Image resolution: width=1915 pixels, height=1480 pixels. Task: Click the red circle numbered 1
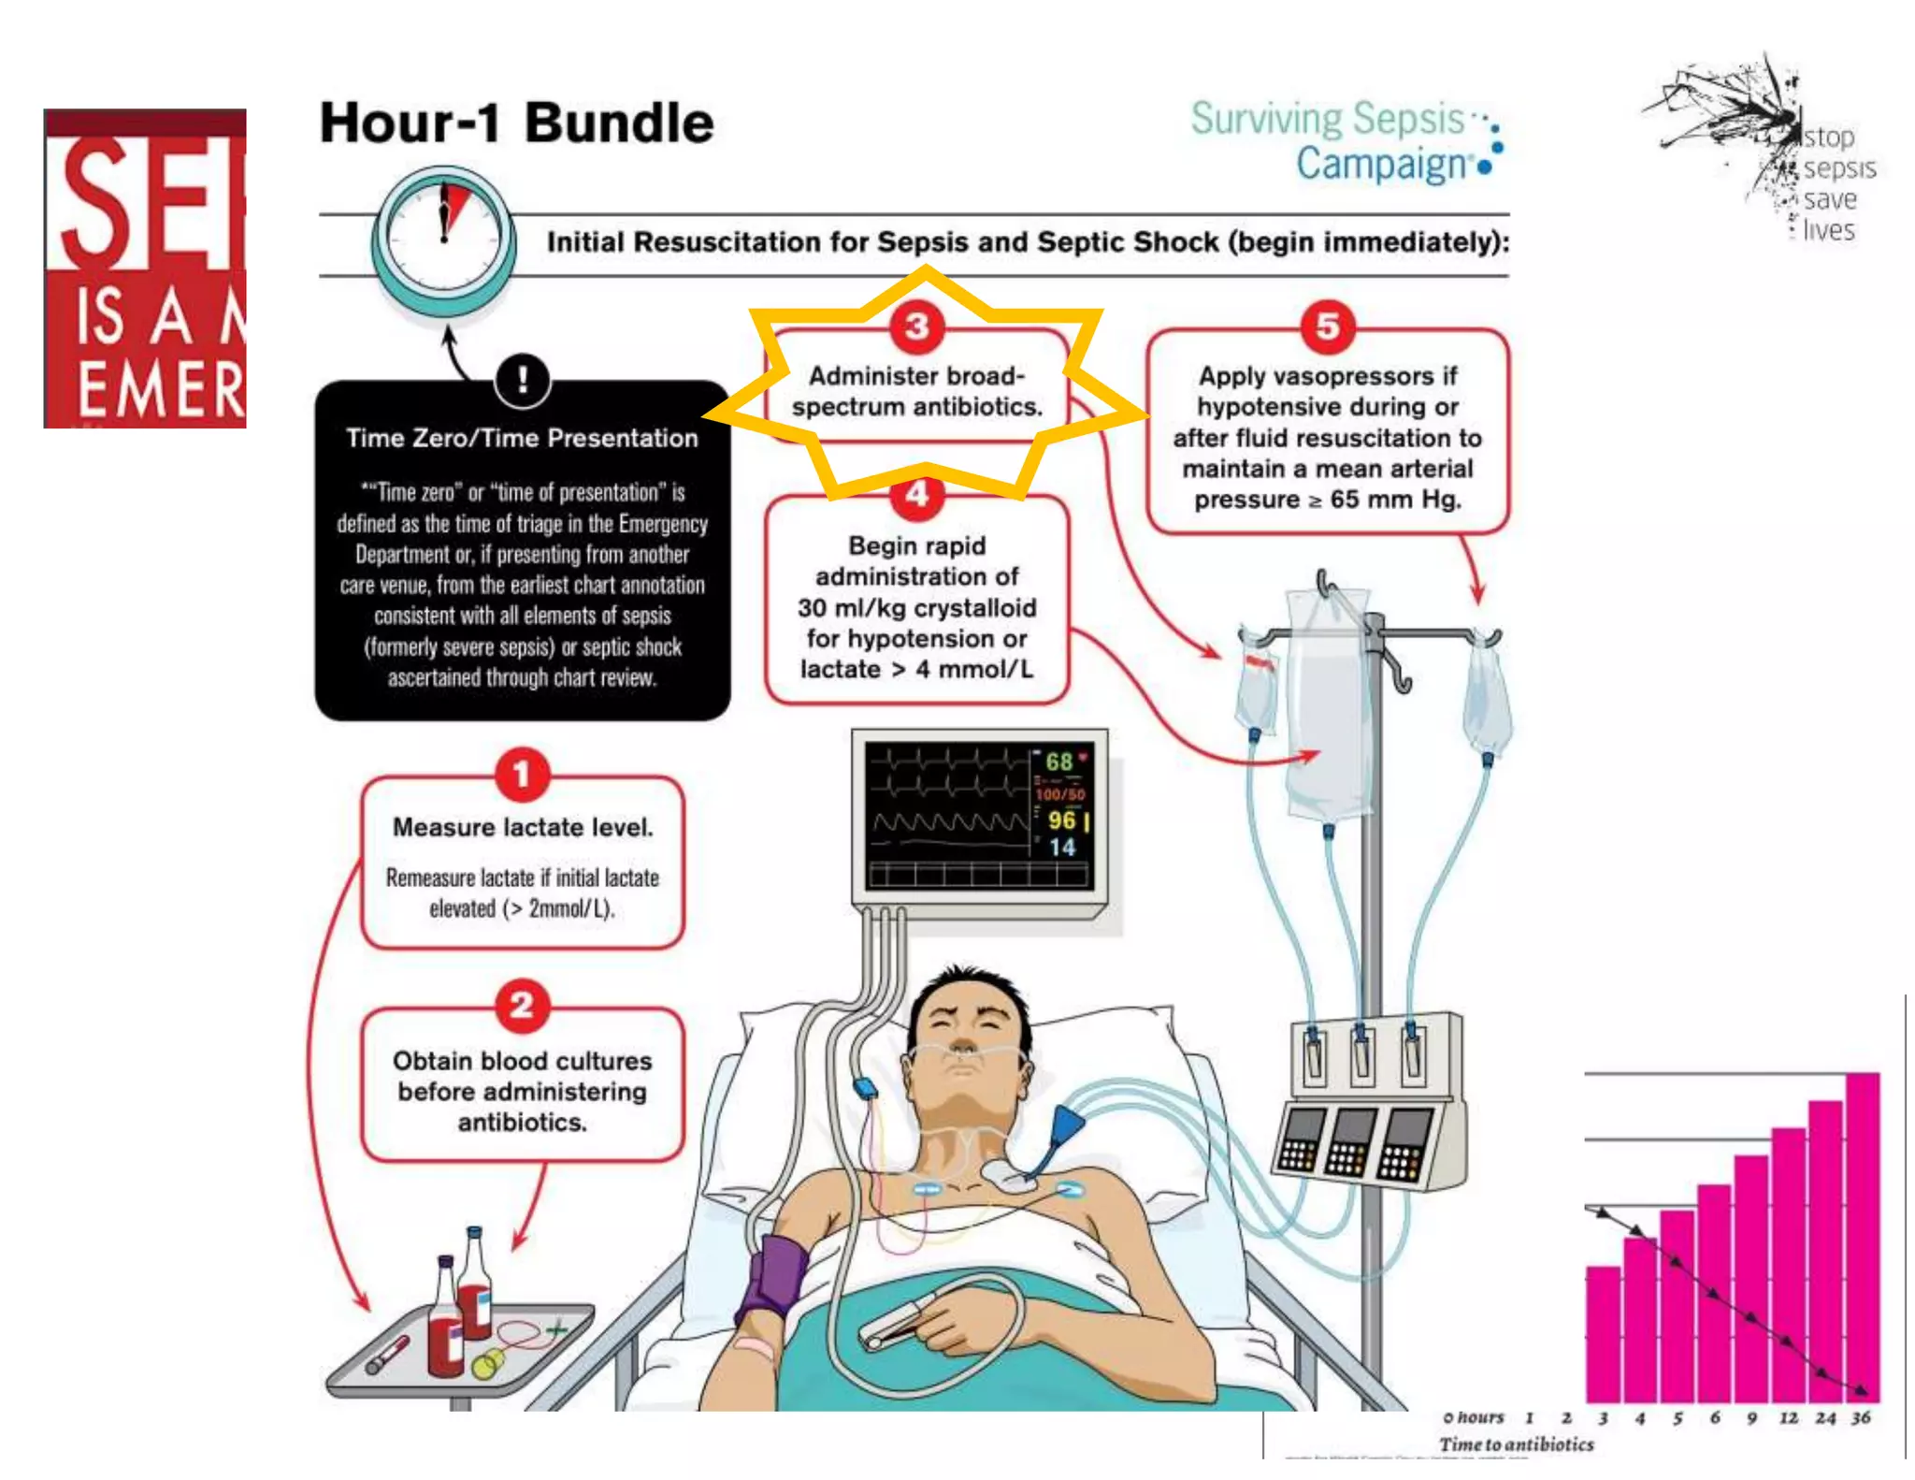[522, 775]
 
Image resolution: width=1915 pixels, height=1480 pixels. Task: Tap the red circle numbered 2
[522, 1006]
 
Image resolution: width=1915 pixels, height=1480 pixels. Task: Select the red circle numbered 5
[1328, 326]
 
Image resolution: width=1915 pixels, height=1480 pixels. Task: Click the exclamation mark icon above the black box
[522, 380]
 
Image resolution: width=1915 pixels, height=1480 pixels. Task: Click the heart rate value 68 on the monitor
[1058, 762]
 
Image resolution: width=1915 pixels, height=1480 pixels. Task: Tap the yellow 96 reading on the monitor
[1061, 820]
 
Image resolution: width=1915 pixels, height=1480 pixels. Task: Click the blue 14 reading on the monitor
[1061, 848]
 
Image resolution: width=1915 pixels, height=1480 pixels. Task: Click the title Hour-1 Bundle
[516, 123]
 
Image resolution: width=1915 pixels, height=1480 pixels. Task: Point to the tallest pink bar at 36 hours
[1862, 1235]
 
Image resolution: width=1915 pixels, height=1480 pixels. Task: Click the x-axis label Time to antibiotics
[1516, 1444]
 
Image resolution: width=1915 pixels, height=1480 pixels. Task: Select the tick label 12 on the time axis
[1788, 1418]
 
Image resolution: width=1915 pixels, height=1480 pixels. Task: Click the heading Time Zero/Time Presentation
[522, 438]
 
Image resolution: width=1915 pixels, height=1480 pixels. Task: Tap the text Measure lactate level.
[522, 827]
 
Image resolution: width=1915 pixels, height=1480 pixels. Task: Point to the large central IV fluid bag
[1328, 702]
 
